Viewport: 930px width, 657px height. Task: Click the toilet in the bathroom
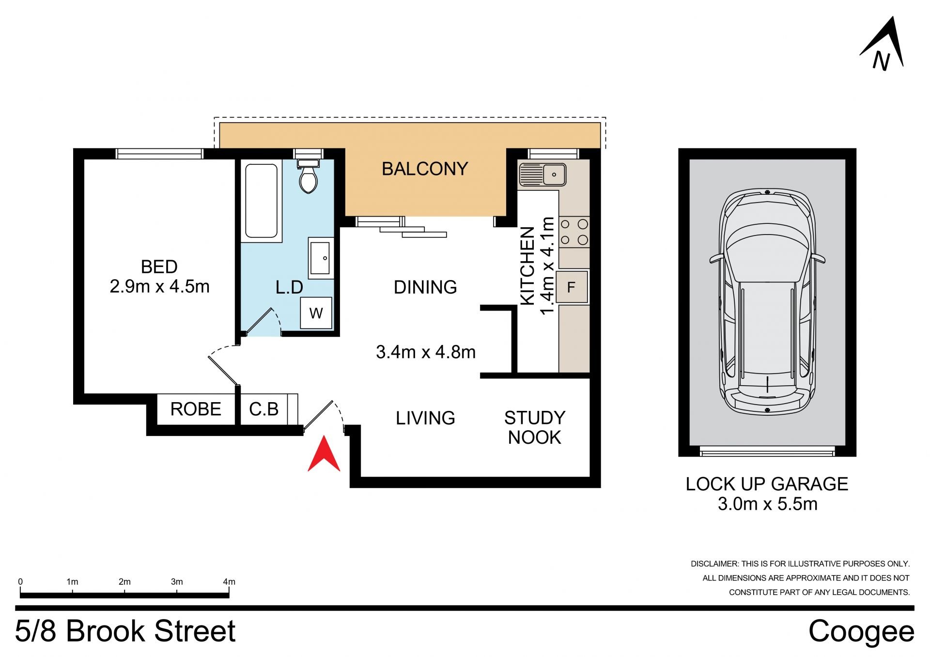tap(308, 176)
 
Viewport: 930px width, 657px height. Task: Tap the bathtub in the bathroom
tap(262, 201)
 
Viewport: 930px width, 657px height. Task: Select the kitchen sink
tap(542, 174)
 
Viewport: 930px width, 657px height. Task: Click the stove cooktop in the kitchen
tap(574, 232)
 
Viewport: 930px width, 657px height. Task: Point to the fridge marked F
tap(572, 287)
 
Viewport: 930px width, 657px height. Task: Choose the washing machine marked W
tap(316, 313)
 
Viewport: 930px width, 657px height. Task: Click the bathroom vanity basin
tap(321, 258)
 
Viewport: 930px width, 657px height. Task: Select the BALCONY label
tap(425, 169)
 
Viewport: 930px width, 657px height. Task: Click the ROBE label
tap(196, 409)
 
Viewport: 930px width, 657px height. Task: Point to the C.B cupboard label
tap(264, 409)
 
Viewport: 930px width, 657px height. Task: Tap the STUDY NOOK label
tap(535, 428)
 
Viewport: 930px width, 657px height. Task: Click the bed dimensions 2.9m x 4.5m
tap(160, 287)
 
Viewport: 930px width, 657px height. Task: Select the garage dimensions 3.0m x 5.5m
tap(767, 504)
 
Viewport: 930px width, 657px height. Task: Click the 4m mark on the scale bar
tap(229, 582)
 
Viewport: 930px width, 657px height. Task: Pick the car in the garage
tap(768, 301)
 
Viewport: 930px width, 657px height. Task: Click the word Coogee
tap(861, 632)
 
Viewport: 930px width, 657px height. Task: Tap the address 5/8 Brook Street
tap(125, 631)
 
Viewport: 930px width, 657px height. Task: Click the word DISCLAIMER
tap(714, 564)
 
